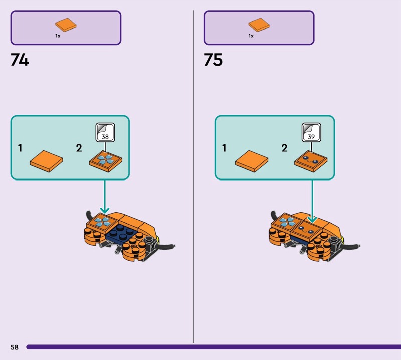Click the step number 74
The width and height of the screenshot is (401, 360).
pyautogui.click(x=20, y=60)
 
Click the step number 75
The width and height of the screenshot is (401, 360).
pyautogui.click(x=213, y=60)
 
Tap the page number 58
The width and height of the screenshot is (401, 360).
pyautogui.click(x=15, y=347)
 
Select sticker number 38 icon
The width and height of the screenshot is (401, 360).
pyautogui.click(x=105, y=132)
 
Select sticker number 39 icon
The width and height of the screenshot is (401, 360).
pyautogui.click(x=311, y=132)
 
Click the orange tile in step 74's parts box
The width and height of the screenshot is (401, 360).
pyautogui.click(x=66, y=25)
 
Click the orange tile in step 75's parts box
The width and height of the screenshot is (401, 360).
pyautogui.click(x=259, y=25)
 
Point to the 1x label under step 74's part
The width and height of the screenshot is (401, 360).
pyautogui.click(x=58, y=36)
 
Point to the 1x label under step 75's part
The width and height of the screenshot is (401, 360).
pyautogui.click(x=251, y=36)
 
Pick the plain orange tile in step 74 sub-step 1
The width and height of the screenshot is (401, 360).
pyautogui.click(x=46, y=161)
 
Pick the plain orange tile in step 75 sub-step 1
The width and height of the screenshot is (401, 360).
pyautogui.click(x=252, y=161)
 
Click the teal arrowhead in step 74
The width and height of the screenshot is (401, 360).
pyautogui.click(x=105, y=210)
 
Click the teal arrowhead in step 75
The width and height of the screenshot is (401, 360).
pyautogui.click(x=312, y=220)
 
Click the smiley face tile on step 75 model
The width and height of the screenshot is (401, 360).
pyautogui.click(x=307, y=229)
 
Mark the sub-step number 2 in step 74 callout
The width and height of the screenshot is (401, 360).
pyautogui.click(x=79, y=148)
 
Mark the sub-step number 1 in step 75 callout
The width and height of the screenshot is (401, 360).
pyautogui.click(x=224, y=148)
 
